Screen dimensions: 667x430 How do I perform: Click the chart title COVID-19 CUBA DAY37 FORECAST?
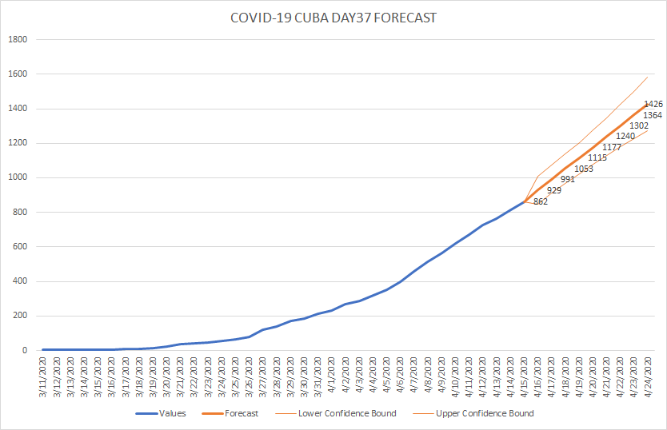333,18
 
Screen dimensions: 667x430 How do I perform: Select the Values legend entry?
161,413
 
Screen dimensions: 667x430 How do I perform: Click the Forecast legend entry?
230,413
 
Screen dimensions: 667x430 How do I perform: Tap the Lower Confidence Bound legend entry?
336,413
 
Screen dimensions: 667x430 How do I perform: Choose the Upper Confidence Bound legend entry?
473,413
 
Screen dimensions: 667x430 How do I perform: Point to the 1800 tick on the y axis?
18,39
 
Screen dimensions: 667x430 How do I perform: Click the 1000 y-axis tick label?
18,177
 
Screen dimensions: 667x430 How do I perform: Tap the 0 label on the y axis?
25,350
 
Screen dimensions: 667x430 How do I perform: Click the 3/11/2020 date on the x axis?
43,376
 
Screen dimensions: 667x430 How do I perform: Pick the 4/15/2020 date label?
524,376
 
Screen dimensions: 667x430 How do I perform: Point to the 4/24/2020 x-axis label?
648,376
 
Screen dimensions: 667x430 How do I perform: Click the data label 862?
541,201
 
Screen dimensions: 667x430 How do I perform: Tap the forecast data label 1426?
653,104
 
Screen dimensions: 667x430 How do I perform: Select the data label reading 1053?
584,169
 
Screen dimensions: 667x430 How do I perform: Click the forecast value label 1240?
625,136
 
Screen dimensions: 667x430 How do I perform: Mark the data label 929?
554,190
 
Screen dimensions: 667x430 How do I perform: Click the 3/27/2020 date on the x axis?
263,376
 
